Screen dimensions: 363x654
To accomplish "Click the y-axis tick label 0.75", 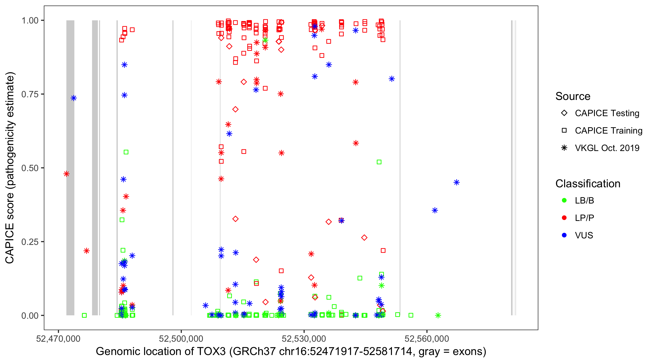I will [x=30, y=94].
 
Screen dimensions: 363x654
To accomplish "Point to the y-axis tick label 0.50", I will [x=30, y=168].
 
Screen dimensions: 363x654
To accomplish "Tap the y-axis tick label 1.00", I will [x=30, y=21].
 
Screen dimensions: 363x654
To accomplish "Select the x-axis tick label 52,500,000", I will [x=181, y=338].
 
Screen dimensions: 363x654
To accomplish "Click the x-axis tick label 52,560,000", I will [x=427, y=338].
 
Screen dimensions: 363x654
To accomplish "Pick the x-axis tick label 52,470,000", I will [x=58, y=338].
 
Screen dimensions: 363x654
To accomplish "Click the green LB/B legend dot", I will [x=564, y=200].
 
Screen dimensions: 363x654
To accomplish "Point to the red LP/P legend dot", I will [x=564, y=218].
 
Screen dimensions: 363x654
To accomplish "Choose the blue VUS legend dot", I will [x=564, y=235].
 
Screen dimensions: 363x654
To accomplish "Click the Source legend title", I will [x=573, y=96].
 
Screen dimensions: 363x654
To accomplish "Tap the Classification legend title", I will [x=588, y=184].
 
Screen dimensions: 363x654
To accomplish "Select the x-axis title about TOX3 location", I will [x=291, y=352].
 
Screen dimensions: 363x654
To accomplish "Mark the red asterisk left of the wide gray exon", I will [x=67, y=174].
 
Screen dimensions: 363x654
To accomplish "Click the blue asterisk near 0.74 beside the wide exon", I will [x=74, y=98].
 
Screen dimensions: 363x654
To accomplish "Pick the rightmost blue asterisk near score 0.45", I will [x=457, y=182].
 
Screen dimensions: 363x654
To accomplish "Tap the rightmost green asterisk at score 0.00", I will [x=438, y=315].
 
